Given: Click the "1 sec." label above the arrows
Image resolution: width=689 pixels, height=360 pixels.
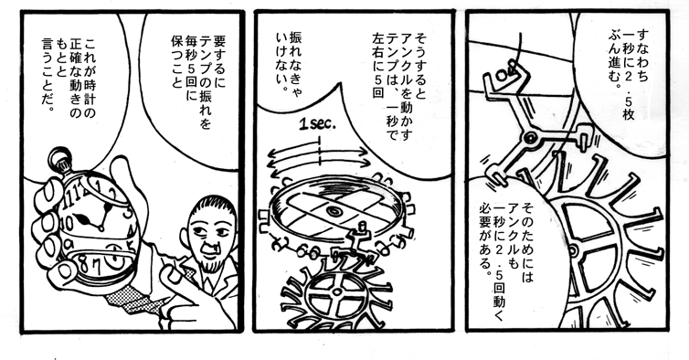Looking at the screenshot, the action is pos(317,125).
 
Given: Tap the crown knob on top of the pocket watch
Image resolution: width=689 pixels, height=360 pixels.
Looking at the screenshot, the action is pos(60,159).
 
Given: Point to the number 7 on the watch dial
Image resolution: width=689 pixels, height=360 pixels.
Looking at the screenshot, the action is pos(96,266).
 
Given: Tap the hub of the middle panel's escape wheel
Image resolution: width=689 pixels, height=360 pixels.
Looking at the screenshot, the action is pos(336,292).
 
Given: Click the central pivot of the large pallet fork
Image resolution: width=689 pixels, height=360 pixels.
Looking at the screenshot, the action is pos(531,140).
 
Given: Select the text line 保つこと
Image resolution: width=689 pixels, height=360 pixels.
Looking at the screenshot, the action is pos(177,61).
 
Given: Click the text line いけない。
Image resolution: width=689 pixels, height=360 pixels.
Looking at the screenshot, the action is pos(281,61).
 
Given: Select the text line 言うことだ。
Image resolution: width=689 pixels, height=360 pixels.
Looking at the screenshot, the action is pos(48,74).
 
